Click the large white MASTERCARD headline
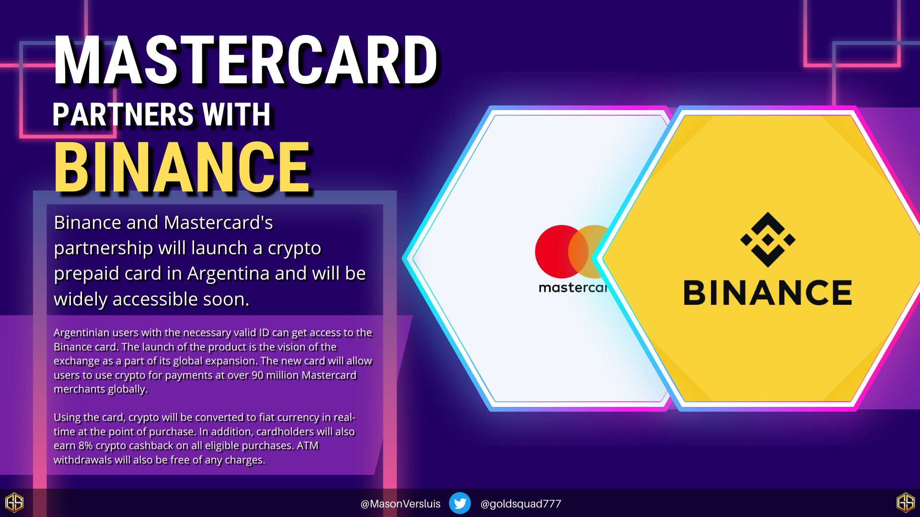coord(245,61)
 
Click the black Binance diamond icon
coord(768,239)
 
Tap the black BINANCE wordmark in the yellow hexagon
coord(768,293)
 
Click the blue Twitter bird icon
coord(460,503)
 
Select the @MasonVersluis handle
coord(400,504)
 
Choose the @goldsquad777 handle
coord(520,504)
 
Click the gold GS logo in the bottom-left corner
coord(14,503)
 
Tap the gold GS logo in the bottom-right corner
coord(905,503)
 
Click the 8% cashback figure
coord(86,446)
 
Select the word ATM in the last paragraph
coord(308,446)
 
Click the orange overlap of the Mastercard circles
coord(578,251)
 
